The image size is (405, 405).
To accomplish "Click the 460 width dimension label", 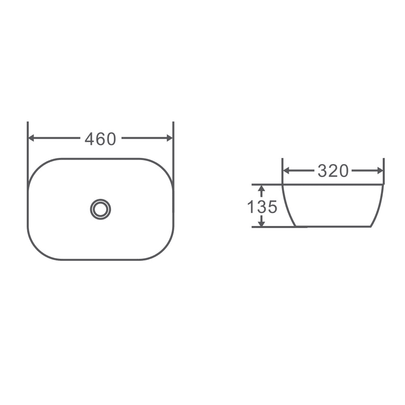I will [x=100, y=139].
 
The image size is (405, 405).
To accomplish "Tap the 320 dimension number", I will [x=333, y=171].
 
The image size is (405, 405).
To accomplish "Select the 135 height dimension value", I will [x=262, y=207].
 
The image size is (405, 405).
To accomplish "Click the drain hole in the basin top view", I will [x=100, y=209].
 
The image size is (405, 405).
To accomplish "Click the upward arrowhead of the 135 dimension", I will [x=262, y=188].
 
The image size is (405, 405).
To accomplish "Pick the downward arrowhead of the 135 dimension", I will [x=262, y=223].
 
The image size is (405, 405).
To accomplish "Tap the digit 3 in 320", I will [x=322, y=171].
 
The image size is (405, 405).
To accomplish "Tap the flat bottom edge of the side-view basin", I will [x=332, y=226].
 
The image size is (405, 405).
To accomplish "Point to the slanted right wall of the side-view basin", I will [x=378, y=207].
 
